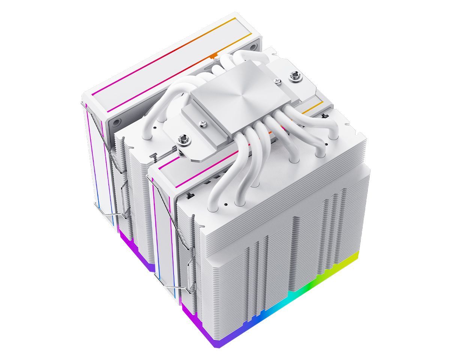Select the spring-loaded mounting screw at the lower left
click(184, 141)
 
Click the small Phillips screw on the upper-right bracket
click(277, 80)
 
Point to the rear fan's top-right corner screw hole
click(253, 46)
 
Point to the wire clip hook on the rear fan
click(107, 214)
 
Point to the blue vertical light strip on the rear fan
click(98, 187)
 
